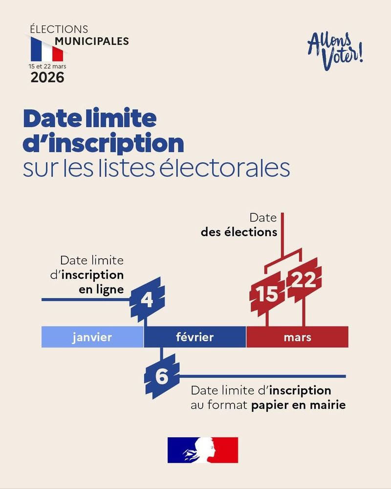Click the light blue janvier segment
pyautogui.click(x=92, y=337)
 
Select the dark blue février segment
pyautogui.click(x=195, y=337)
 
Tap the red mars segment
pyautogui.click(x=297, y=337)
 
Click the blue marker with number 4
pyautogui.click(x=147, y=298)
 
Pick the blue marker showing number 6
pyautogui.click(x=162, y=377)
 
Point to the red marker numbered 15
pyautogui.click(x=267, y=294)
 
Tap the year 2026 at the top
pyautogui.click(x=47, y=77)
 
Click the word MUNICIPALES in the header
pyautogui.click(x=92, y=41)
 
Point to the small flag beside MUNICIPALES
pyautogui.click(x=47, y=49)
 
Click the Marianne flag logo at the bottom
pyautogui.click(x=202, y=450)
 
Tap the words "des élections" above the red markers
pyautogui.click(x=239, y=232)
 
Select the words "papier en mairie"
pyautogui.click(x=299, y=405)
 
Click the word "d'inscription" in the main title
pyautogui.click(x=104, y=144)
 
